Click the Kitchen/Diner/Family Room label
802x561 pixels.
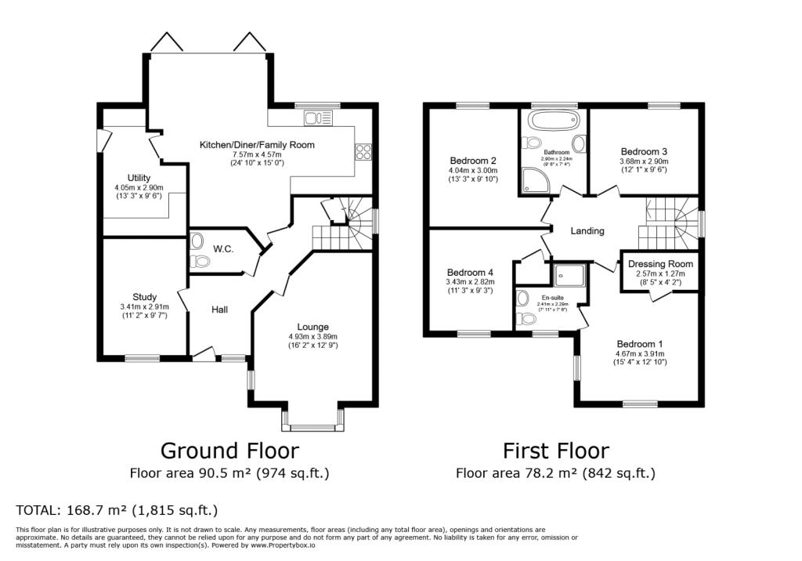tap(257, 145)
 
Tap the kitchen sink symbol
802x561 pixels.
tap(319, 118)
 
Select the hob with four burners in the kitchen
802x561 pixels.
tap(363, 151)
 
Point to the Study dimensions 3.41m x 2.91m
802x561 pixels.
tap(144, 306)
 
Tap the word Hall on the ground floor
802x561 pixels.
tap(219, 310)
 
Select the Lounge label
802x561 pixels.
tap(312, 327)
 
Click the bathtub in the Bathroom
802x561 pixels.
tap(554, 121)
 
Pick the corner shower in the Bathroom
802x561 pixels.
tap(534, 183)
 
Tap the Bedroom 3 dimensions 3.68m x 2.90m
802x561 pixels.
tap(644, 161)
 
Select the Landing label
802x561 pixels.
tap(587, 231)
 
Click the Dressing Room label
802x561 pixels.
tap(660, 264)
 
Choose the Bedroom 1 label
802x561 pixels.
tap(639, 344)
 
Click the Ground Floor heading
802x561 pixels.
tap(229, 451)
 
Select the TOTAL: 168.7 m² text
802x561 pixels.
tap(117, 511)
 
